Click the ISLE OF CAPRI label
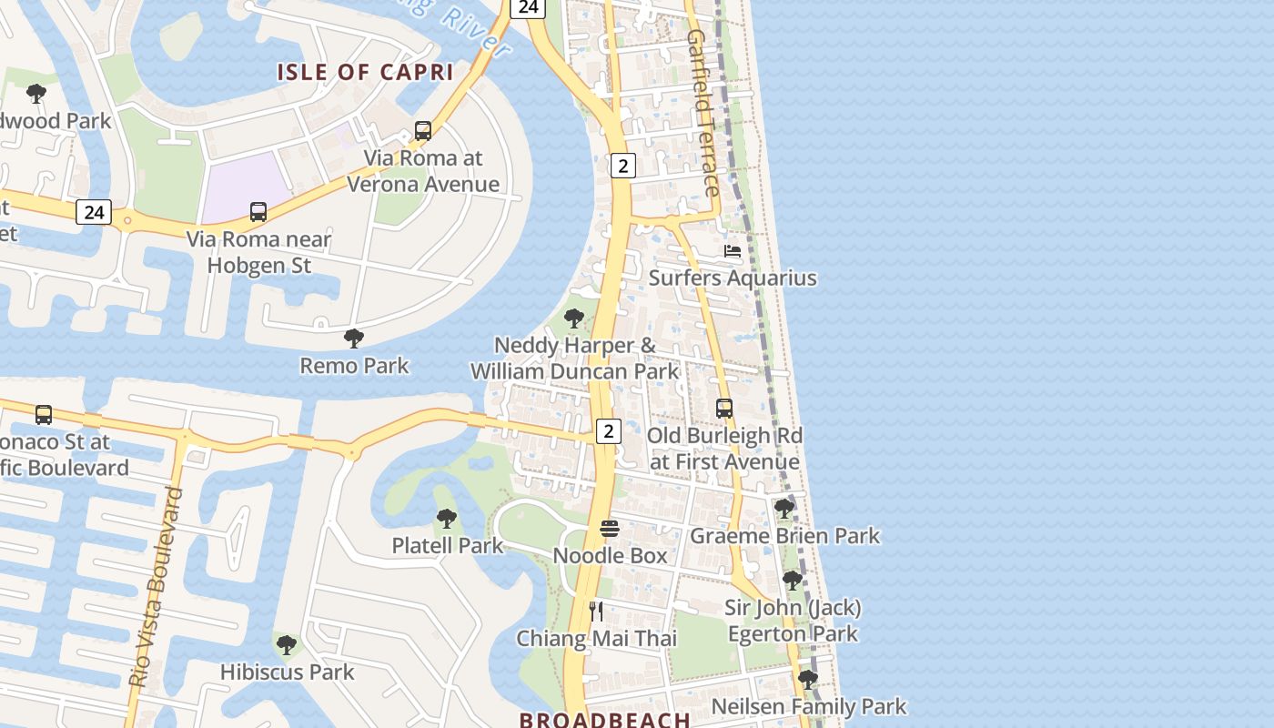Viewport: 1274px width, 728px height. point(365,72)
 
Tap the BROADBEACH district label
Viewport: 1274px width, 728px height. point(605,720)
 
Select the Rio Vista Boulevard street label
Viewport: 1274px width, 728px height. point(156,588)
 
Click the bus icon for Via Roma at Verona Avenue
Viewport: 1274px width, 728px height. point(423,130)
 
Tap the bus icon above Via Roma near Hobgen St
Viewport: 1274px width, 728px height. point(258,212)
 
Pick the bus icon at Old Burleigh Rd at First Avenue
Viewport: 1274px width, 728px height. point(724,409)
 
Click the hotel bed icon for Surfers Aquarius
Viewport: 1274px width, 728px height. point(733,251)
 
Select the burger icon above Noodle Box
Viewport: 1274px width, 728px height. point(610,529)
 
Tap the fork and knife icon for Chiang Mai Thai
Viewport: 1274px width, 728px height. point(596,612)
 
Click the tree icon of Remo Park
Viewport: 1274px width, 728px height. point(354,339)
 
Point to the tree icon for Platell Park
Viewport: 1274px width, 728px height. point(447,519)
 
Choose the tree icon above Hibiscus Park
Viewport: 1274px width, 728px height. point(287,645)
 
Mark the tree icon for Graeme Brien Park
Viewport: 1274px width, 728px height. point(784,509)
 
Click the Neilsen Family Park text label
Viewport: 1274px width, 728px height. point(808,706)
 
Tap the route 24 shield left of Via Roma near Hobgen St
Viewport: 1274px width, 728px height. point(94,212)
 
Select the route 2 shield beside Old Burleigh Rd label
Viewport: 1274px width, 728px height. point(609,430)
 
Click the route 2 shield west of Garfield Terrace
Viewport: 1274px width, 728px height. point(622,166)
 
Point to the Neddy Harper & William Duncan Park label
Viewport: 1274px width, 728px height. point(574,359)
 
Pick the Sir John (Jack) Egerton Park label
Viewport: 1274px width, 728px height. point(793,621)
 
